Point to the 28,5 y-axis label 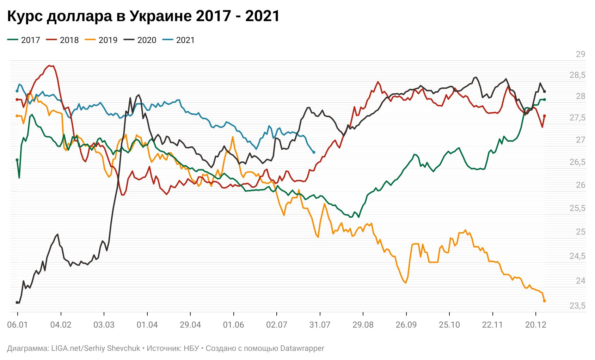[x=577, y=75]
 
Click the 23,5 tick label [x=577, y=306]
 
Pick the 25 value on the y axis [x=580, y=232]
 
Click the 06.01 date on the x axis [x=18, y=325]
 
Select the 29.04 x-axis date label [x=190, y=325]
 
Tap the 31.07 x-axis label [x=320, y=325]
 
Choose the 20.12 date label [x=536, y=325]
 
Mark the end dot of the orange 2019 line [x=545, y=301]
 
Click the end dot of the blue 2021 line [x=314, y=152]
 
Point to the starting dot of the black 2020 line [x=17, y=303]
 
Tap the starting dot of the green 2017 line [x=17, y=160]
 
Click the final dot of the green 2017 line [x=545, y=100]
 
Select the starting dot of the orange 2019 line [x=17, y=116]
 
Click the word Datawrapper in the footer [x=302, y=348]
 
